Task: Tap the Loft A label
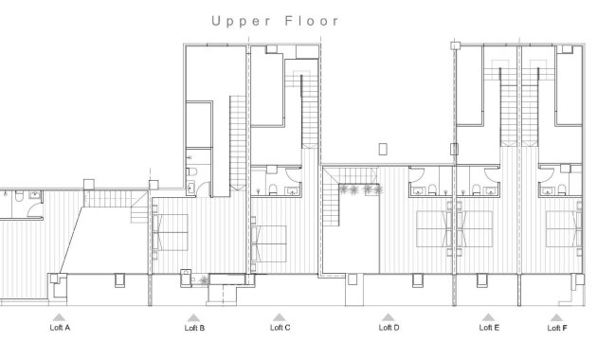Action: pos(60,328)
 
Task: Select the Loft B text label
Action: pos(194,329)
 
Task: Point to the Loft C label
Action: pos(280,328)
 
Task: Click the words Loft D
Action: pos(389,328)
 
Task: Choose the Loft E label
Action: pos(489,328)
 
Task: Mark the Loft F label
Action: pos(557,328)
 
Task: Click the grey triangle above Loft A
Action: pos(59,317)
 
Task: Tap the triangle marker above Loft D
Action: pos(387,317)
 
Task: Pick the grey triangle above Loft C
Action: pos(279,317)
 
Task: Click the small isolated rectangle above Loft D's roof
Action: pos(382,148)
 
